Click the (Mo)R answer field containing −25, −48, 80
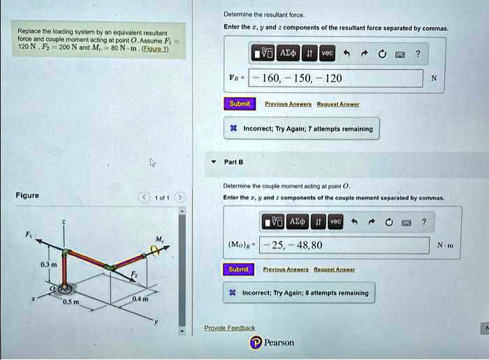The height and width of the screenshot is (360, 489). [x=344, y=245]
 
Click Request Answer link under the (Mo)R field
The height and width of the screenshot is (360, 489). [x=335, y=269]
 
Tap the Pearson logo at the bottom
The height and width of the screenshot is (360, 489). [x=272, y=343]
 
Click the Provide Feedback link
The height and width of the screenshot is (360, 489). [x=229, y=328]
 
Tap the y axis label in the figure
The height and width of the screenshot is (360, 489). [x=157, y=323]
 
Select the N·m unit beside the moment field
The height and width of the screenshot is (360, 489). [x=445, y=245]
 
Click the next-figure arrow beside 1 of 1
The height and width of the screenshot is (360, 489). [x=180, y=197]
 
